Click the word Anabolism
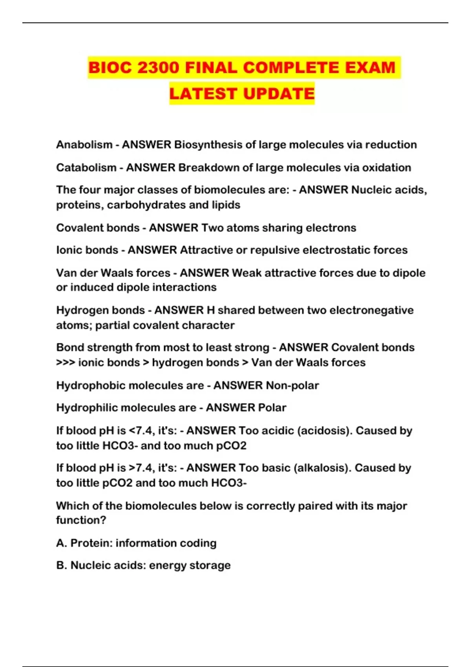(84, 145)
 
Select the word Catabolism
(86, 168)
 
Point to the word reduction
(391, 145)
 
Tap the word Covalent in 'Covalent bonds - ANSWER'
(78, 228)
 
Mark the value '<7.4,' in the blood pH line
(141, 430)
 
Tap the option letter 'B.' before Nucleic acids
(62, 565)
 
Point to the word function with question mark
(81, 520)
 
